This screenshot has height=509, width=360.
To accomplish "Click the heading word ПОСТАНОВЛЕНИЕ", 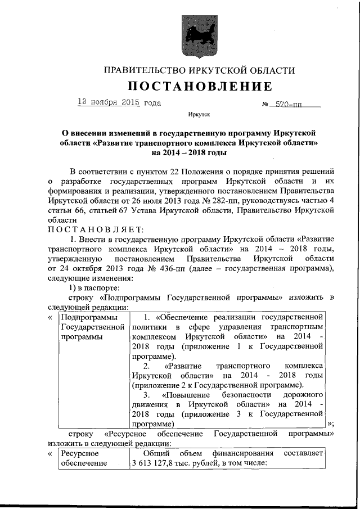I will (x=199, y=86).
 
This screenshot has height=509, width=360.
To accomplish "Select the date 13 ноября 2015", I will (x=109, y=102).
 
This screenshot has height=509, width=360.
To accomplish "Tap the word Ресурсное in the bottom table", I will (x=80, y=453).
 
